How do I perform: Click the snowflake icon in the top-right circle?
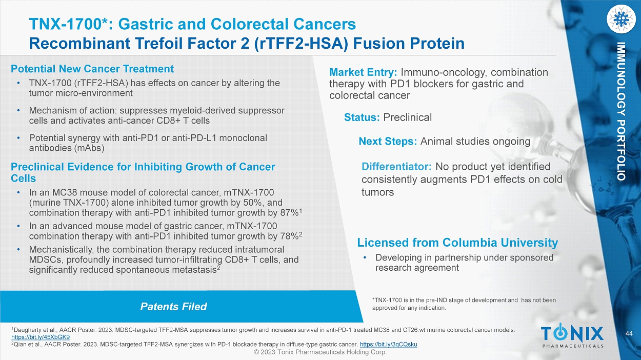[621, 19]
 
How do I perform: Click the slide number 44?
[629, 334]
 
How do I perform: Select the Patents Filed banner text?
[173, 307]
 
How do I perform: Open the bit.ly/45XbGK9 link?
[41, 337]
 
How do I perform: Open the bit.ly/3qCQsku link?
[388, 344]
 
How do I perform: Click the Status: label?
[362, 117]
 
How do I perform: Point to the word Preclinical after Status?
[407, 117]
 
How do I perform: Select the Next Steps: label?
[388, 142]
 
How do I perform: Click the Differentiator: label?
[396, 166]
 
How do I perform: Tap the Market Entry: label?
[363, 72]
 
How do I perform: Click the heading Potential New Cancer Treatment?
[92, 69]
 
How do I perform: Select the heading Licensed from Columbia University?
[457, 243]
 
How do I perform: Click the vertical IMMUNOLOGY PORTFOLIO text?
[620, 111]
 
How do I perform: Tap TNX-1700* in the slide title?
[68, 24]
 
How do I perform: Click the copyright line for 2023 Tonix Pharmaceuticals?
[320, 352]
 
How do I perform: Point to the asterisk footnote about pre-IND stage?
[464, 304]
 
